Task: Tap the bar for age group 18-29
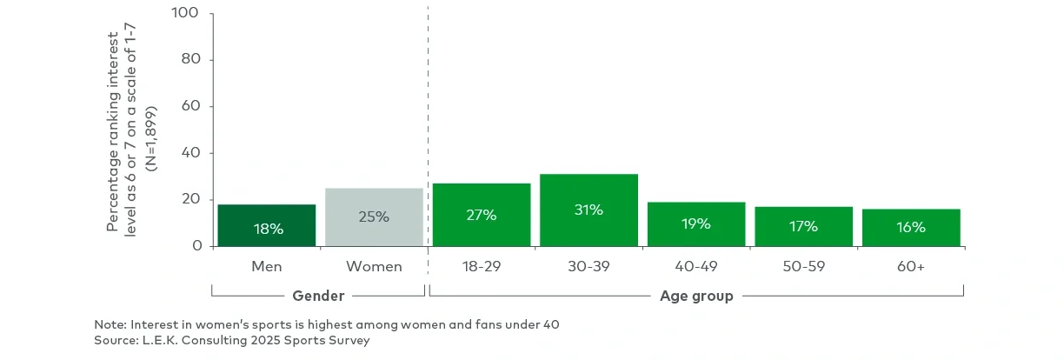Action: tap(481, 215)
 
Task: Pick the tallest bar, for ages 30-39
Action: tap(589, 210)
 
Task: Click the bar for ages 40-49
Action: tap(695, 223)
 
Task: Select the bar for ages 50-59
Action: tap(803, 226)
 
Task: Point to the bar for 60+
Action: tap(911, 227)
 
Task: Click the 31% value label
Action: tap(589, 210)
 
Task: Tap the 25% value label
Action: tap(374, 217)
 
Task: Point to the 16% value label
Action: tap(911, 227)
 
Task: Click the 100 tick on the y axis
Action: tap(186, 14)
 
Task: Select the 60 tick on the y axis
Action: tap(191, 107)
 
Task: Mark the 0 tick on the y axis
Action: tap(196, 246)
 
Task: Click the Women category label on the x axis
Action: tap(374, 267)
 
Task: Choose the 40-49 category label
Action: tap(695, 267)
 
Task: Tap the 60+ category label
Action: tap(911, 267)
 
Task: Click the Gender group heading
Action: tap(318, 297)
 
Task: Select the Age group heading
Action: tap(695, 297)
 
